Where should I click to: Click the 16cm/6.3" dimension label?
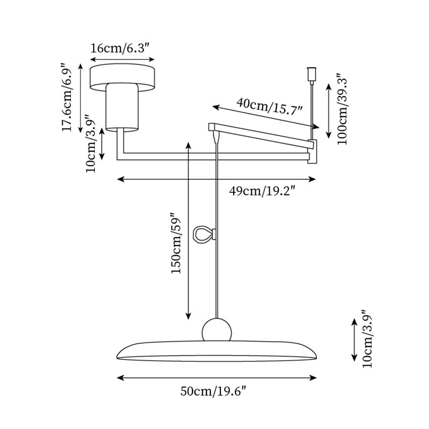pyautogui.click(x=123, y=48)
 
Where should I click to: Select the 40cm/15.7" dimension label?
pyautogui.click(x=269, y=105)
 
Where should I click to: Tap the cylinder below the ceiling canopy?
pyautogui.click(x=123, y=107)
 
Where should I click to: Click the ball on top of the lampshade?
pyautogui.click(x=217, y=329)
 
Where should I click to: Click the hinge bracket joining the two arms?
pyautogui.click(x=312, y=151)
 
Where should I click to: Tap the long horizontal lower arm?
pyautogui.click(x=214, y=156)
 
